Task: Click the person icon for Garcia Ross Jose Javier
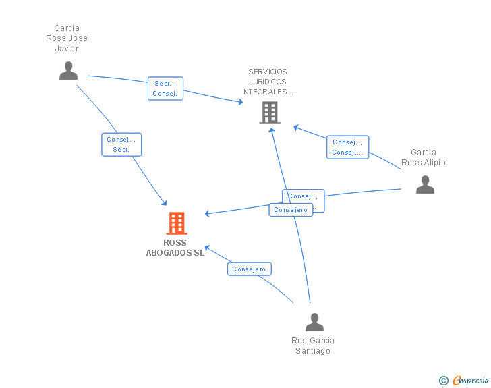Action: coord(68,71)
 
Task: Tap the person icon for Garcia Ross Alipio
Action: coord(425,185)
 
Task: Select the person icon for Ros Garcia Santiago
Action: coord(314,323)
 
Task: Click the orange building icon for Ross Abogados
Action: coord(176,223)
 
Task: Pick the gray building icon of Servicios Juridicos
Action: coord(270,113)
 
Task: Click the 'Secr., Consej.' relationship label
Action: coord(165,88)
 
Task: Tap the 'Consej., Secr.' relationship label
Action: coord(121,144)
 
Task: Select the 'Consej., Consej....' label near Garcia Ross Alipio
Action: coord(347,147)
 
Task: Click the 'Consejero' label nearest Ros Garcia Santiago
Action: coord(249,269)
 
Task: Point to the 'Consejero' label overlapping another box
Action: coord(291,210)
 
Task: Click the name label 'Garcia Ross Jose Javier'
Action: coord(67,38)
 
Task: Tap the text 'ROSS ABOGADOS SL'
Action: coord(175,248)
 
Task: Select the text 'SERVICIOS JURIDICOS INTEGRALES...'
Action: coord(268,82)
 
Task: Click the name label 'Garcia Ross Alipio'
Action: coord(424,157)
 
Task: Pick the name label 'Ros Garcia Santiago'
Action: coord(313,345)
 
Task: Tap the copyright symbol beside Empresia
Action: coord(443,381)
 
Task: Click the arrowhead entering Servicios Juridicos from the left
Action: coord(240,103)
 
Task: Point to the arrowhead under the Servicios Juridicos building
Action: coord(271,129)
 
